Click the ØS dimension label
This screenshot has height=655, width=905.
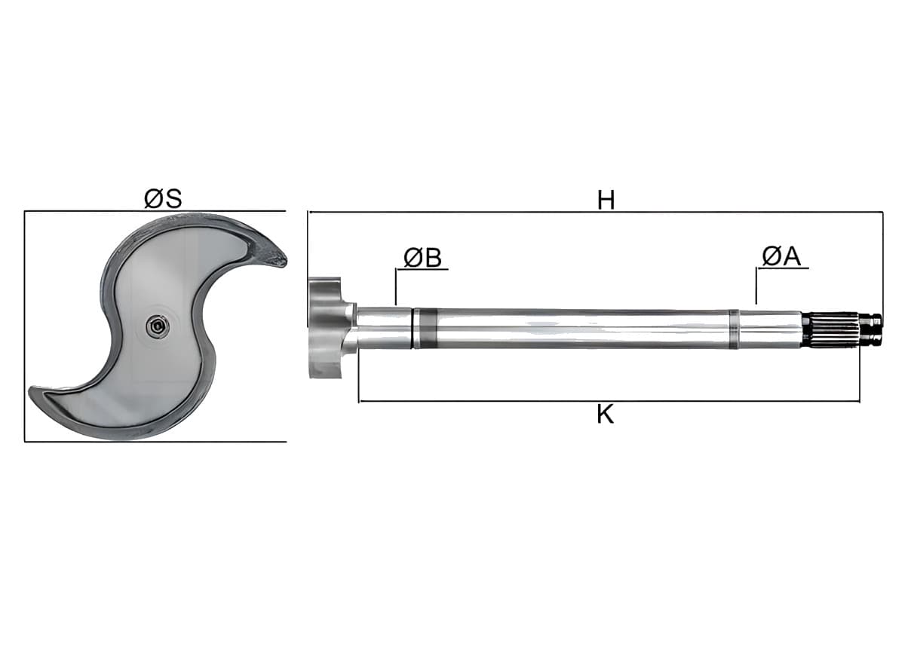(x=163, y=198)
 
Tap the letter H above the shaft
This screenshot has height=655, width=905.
(x=606, y=200)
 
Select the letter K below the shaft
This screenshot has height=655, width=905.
(x=605, y=415)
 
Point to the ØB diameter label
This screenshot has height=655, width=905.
(x=422, y=257)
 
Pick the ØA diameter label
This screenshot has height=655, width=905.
(x=781, y=256)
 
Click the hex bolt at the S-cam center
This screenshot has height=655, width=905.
(x=158, y=325)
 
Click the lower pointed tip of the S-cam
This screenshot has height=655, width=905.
(x=30, y=390)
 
